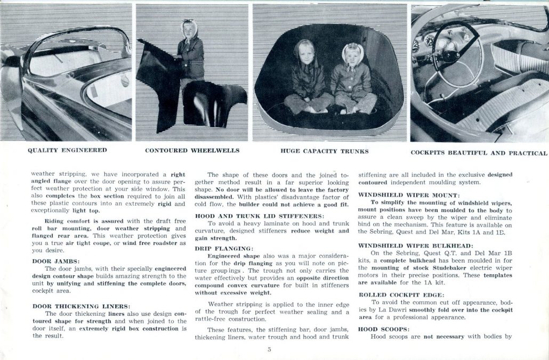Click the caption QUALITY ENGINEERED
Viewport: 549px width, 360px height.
coord(67,150)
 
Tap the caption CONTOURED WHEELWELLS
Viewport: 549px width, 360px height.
coord(192,151)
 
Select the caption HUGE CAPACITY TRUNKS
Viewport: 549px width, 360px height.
coord(324,151)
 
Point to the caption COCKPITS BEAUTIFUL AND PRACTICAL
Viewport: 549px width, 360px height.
coord(479,153)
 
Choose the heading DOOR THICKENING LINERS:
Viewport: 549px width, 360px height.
coord(81,306)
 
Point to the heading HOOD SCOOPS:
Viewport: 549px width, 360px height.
coord(380,329)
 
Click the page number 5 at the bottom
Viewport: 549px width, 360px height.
coord(270,350)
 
